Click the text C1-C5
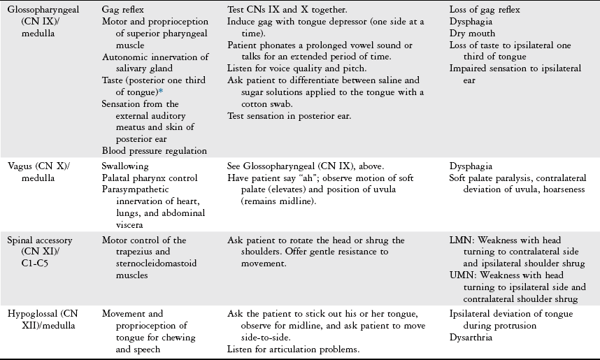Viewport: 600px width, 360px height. [21, 263]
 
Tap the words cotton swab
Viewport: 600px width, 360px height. [254, 103]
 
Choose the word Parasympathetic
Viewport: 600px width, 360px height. [134, 191]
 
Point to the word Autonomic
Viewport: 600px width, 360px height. [124, 57]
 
